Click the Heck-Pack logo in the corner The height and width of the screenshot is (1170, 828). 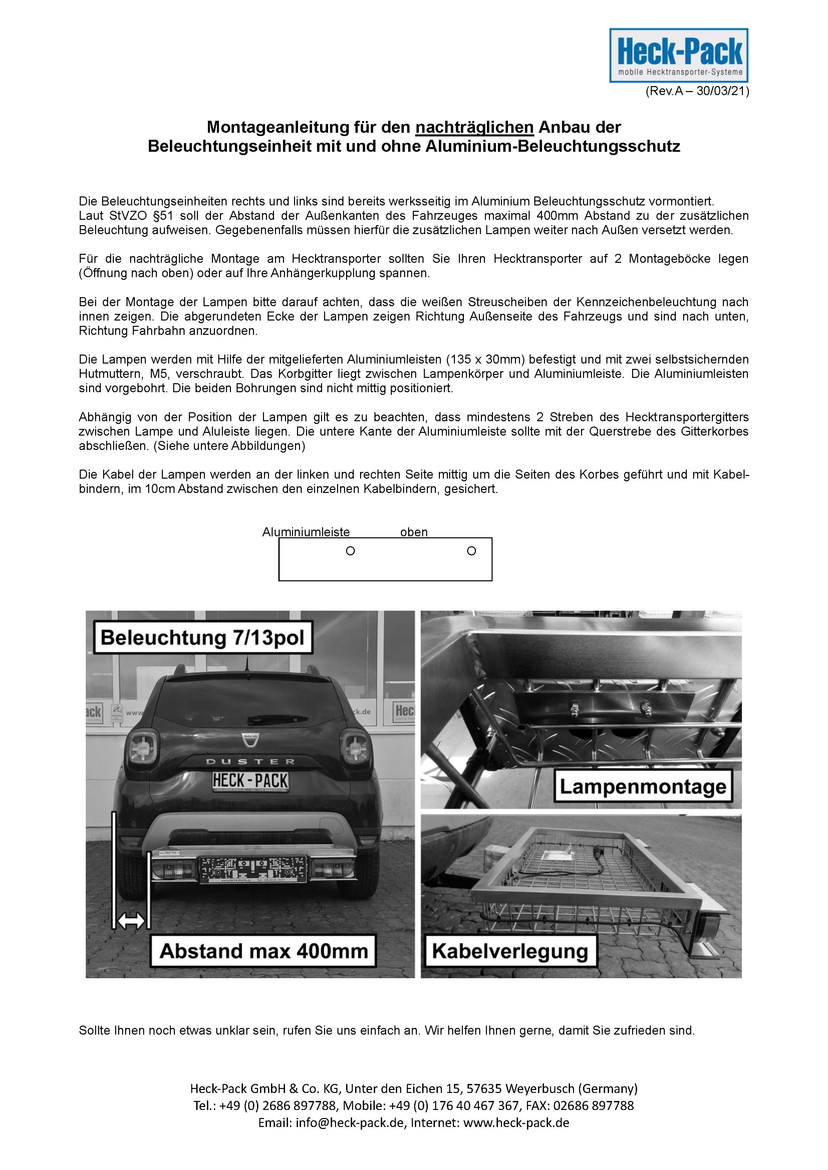tap(679, 55)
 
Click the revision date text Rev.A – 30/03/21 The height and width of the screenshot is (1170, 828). tap(697, 92)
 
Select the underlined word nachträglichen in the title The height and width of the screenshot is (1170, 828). tap(475, 127)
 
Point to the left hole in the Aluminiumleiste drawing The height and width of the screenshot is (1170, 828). tap(350, 551)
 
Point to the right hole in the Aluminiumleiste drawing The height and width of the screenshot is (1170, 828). tap(472, 551)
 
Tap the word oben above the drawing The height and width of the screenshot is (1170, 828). tap(413, 532)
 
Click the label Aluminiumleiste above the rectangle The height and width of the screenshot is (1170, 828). tap(306, 532)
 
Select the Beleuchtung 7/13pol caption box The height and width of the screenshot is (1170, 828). tap(203, 637)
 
